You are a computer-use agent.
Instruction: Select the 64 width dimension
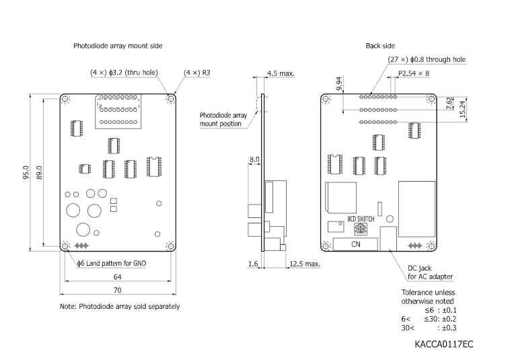[117, 277]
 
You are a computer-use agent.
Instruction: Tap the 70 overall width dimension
[117, 291]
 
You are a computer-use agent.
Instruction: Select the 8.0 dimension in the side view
[254, 160]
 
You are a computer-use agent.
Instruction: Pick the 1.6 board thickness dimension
[253, 264]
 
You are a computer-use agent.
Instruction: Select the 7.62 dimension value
[450, 105]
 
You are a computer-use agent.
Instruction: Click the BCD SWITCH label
[361, 219]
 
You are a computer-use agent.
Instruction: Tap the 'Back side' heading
[381, 46]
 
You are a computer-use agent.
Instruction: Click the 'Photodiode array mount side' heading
[118, 46]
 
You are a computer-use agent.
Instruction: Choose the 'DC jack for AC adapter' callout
[430, 272]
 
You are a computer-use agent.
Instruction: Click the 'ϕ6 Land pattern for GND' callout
[112, 261]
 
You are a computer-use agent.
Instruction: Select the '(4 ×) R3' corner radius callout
[196, 72]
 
